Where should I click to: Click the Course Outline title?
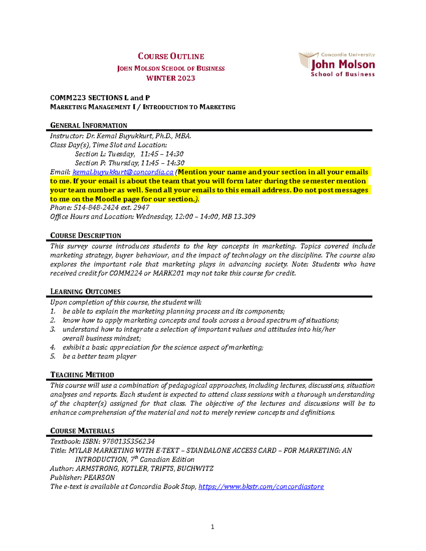(171, 56)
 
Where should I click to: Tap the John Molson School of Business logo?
(337, 64)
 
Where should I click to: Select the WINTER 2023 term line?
(171, 78)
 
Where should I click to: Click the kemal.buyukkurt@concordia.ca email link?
(123, 172)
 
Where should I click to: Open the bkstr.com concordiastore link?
(261, 487)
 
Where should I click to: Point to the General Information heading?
(89, 125)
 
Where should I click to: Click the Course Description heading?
(86, 236)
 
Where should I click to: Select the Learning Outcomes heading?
(85, 292)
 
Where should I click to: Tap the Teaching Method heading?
(82, 375)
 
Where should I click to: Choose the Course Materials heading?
(82, 431)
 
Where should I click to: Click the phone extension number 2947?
(141, 208)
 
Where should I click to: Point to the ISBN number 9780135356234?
(129, 441)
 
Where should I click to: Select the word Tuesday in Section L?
(121, 154)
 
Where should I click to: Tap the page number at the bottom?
(213, 527)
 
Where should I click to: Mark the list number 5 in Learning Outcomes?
(53, 356)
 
